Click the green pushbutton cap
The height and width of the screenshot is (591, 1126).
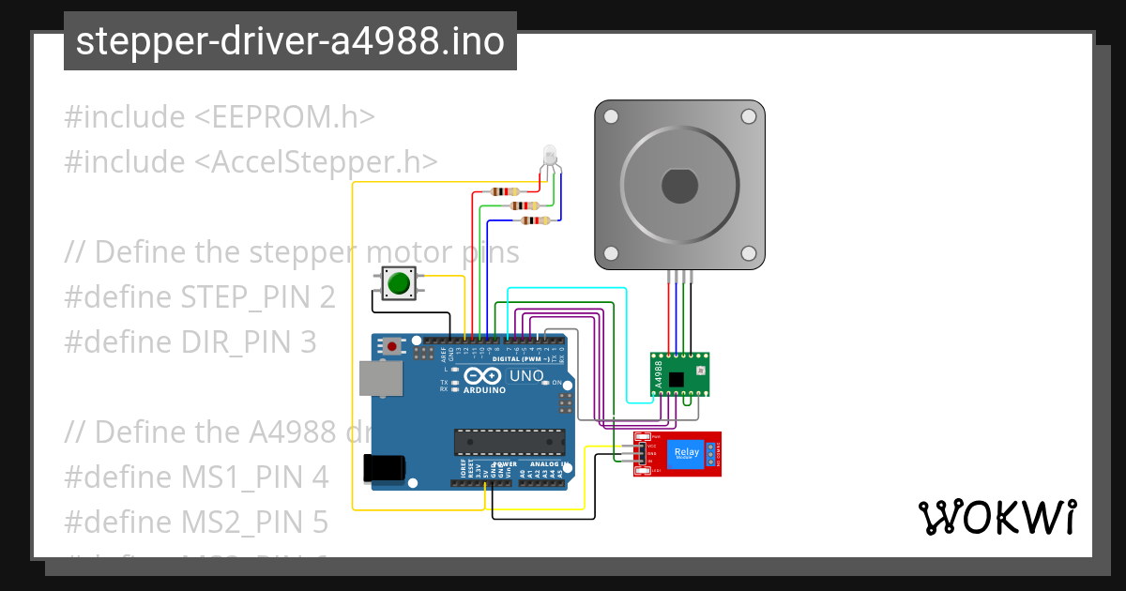400,282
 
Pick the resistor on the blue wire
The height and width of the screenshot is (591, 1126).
535,221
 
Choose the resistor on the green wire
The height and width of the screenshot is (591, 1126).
522,205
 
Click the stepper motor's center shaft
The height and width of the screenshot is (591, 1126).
679,185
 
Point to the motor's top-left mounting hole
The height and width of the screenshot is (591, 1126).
611,117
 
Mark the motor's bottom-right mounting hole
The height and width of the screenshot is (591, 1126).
748,253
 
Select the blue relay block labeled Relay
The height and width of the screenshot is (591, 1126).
686,454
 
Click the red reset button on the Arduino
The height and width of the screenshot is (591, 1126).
391,347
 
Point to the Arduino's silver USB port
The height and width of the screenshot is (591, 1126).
381,378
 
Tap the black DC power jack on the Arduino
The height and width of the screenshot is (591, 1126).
385,468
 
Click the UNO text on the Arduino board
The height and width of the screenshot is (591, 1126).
525,376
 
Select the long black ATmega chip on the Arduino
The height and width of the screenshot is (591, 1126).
510,442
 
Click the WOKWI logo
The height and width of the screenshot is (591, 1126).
997,517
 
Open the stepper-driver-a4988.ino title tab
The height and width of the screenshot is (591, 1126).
290,41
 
